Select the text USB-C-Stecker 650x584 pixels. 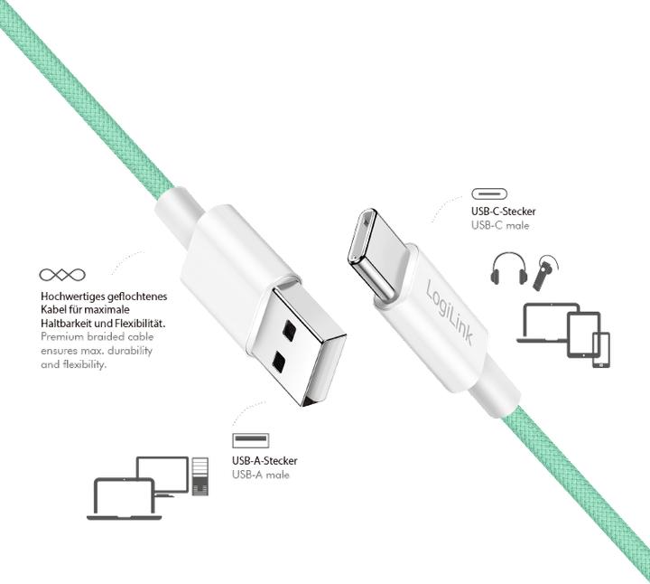pyautogui.click(x=503, y=212)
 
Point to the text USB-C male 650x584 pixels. pyautogui.click(x=499, y=225)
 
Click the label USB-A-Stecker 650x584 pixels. pyautogui.click(x=264, y=461)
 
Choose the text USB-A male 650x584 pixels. pyautogui.click(x=260, y=475)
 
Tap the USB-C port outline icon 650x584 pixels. pyautogui.click(x=489, y=194)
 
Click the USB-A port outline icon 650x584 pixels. pyautogui.click(x=250, y=441)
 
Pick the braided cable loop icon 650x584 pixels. pyautogui.click(x=62, y=274)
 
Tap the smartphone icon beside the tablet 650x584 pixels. pyautogui.click(x=601, y=351)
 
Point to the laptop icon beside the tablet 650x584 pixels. pyautogui.click(x=544, y=324)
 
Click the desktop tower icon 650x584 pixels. pyautogui.click(x=201, y=476)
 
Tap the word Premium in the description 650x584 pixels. pyautogui.click(x=62, y=337)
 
